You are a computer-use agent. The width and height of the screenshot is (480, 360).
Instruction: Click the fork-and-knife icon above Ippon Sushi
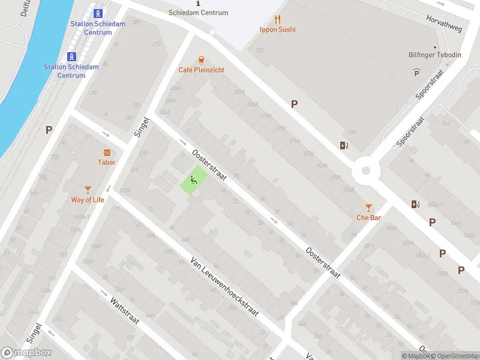(277, 19)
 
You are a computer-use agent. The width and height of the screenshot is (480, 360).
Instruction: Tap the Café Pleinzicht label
(202, 70)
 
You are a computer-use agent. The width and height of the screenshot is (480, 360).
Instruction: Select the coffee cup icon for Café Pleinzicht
(202, 60)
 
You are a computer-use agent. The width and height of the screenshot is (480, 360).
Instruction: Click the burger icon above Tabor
(107, 152)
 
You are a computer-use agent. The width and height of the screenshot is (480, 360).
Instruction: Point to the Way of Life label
(88, 200)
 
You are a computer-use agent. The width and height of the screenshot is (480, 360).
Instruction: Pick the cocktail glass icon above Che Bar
(368, 207)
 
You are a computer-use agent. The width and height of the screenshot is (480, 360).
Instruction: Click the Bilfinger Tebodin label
(435, 55)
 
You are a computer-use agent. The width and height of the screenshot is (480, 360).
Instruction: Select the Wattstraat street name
(125, 309)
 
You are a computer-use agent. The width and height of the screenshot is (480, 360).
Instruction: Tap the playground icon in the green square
(194, 179)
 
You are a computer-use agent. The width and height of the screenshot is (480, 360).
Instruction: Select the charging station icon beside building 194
(344, 145)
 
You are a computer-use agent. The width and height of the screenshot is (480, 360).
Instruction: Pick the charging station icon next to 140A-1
(415, 204)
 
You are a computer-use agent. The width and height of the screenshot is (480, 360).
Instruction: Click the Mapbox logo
(26, 353)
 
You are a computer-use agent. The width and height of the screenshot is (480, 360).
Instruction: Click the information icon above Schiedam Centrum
(199, 3)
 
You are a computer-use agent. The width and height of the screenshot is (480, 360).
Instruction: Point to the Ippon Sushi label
(277, 29)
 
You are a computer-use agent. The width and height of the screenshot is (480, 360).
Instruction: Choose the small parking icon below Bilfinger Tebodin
(417, 73)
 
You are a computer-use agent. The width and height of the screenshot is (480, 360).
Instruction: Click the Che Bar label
(368, 218)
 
